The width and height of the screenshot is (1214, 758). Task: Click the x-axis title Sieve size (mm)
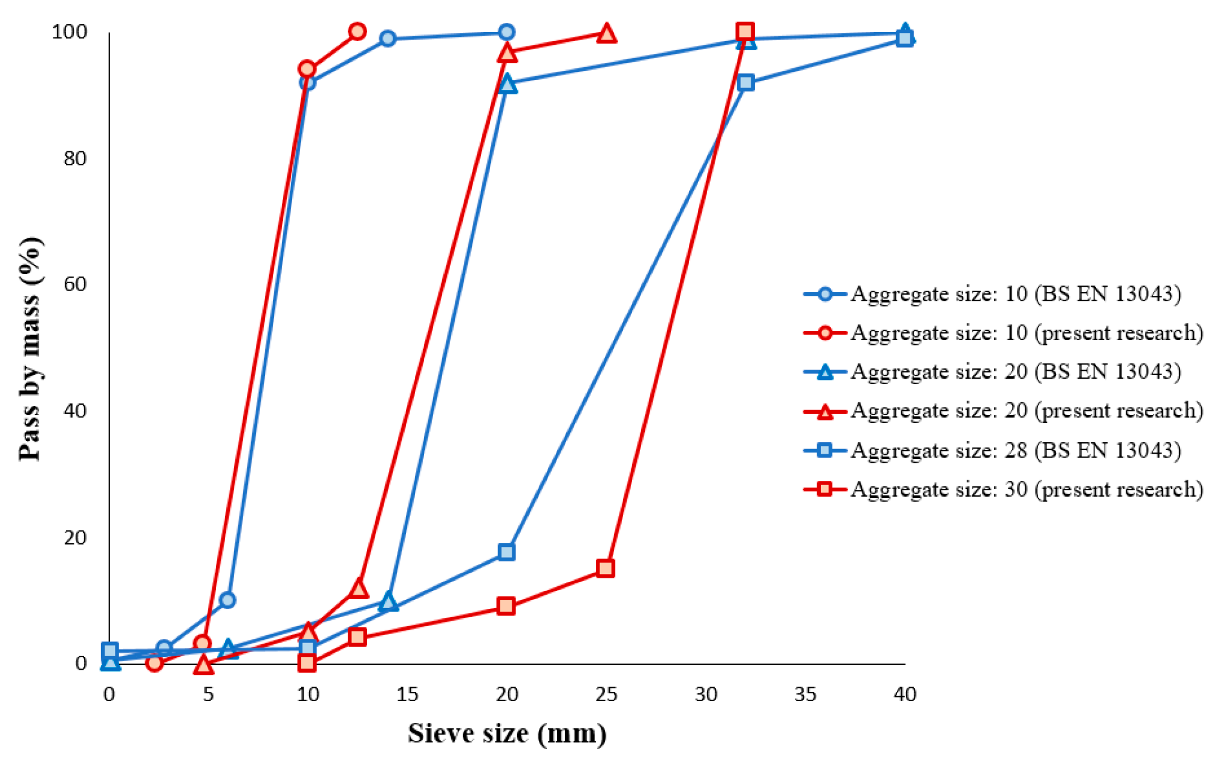[507, 733]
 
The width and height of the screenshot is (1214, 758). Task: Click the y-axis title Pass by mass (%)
[30, 349]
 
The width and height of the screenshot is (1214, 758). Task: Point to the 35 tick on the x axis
[805, 694]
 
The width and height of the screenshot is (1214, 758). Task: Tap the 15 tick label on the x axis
[407, 694]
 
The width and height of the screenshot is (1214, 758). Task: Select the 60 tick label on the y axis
[75, 284]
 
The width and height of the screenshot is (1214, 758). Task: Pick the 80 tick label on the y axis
[75, 158]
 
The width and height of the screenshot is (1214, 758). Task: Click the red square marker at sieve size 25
[605, 568]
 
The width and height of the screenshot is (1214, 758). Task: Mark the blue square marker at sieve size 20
[506, 551]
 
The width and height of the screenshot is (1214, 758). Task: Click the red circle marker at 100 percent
[357, 31]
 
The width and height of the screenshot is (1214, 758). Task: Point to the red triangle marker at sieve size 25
[606, 34]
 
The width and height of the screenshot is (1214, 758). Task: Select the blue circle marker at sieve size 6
[227, 600]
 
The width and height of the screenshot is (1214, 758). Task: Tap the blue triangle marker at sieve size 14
[388, 602]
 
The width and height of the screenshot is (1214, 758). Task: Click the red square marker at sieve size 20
[506, 606]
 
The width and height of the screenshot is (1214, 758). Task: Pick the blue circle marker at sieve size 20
[507, 32]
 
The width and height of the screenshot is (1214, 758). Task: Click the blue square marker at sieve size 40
[905, 39]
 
